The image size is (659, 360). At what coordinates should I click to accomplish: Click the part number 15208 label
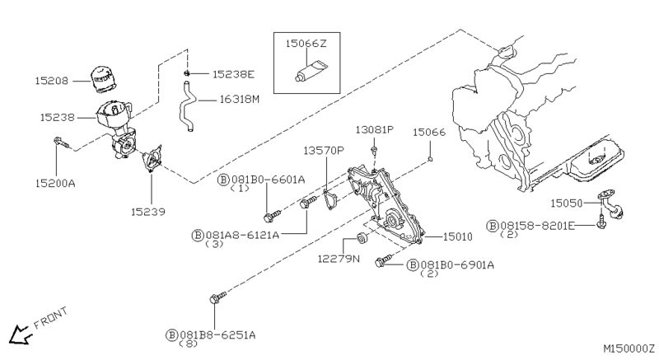coord(51,81)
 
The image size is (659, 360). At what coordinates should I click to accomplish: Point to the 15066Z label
coord(306,44)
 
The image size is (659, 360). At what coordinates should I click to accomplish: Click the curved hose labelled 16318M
coord(187,106)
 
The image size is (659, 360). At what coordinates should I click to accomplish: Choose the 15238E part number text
coord(233,74)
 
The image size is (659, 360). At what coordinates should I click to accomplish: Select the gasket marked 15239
coord(152,159)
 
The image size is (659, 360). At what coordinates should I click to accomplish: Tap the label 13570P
coord(324,151)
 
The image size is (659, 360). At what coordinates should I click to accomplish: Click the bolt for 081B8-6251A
coord(217,297)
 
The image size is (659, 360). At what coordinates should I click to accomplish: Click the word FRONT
coord(50,318)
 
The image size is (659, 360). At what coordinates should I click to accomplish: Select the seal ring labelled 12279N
coord(362,238)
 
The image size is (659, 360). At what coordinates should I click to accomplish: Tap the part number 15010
coord(458,237)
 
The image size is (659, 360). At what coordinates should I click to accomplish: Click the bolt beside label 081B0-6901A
coord(383,260)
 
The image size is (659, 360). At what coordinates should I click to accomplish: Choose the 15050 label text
coord(567,203)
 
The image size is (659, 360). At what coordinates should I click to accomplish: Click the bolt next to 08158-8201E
coord(601,222)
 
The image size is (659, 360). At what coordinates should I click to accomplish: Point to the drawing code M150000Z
coord(629,348)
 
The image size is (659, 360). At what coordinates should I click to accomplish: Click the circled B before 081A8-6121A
coord(198,236)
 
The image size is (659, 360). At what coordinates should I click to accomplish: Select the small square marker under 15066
coord(430,159)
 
